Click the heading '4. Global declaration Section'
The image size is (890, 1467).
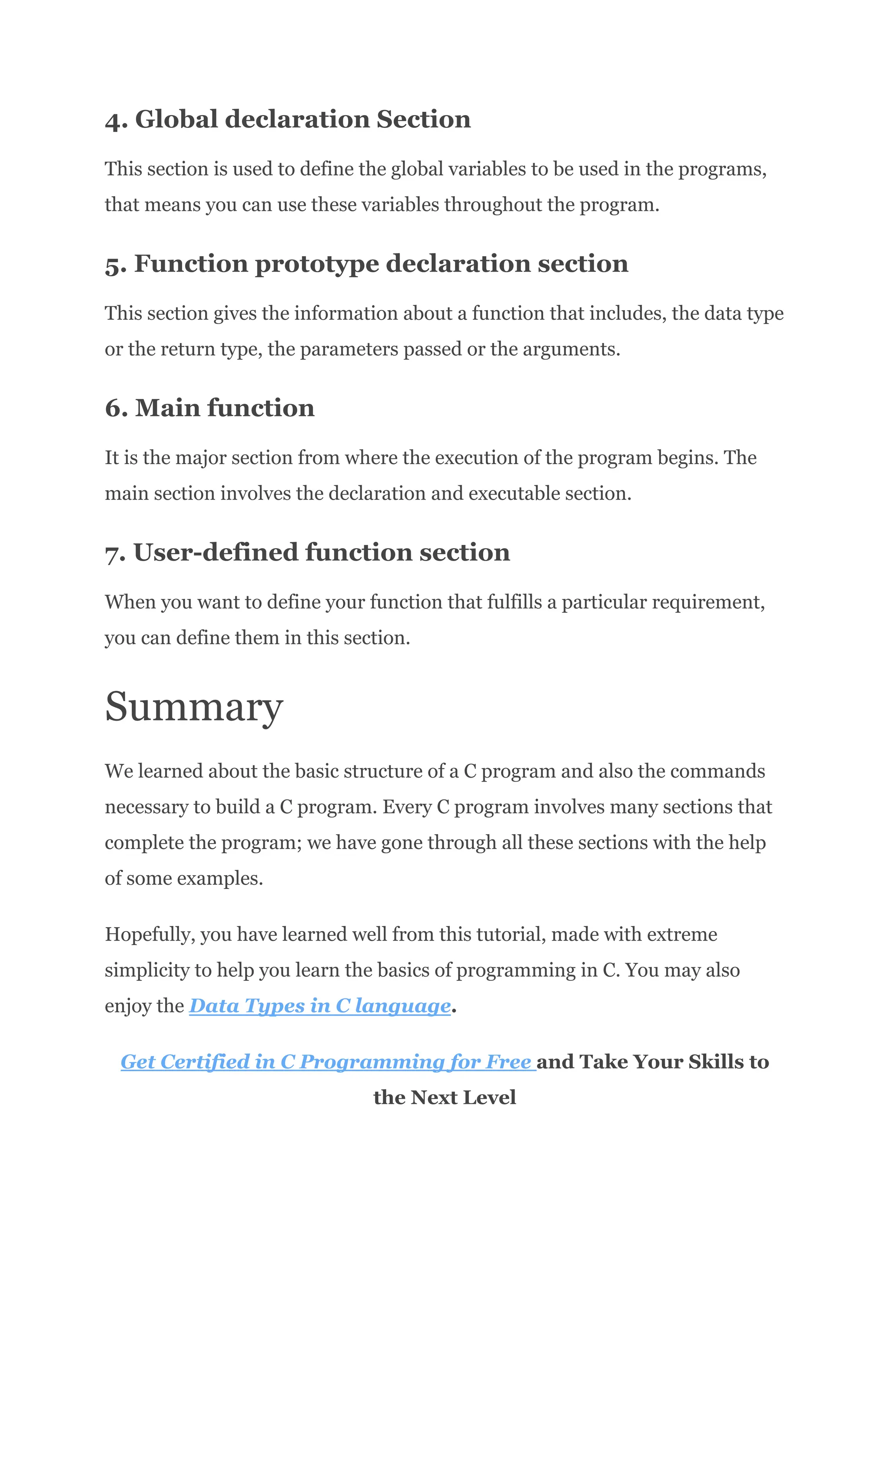[x=287, y=120]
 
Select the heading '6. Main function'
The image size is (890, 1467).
[x=209, y=408]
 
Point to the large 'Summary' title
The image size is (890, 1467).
[x=193, y=707]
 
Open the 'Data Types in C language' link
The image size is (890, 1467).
[x=319, y=1006]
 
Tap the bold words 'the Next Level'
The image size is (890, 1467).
[x=445, y=1097]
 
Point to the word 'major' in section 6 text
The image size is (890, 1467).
[x=200, y=458]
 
